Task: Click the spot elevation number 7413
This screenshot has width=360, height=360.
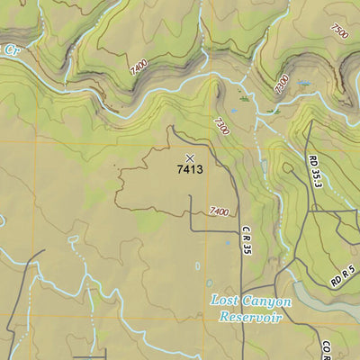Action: [x=190, y=168]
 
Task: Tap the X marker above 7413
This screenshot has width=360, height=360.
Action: [x=189, y=157]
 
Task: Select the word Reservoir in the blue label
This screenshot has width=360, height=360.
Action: [x=251, y=317]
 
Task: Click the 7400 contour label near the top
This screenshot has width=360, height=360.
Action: [x=137, y=66]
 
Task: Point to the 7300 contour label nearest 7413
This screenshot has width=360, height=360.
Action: [x=221, y=125]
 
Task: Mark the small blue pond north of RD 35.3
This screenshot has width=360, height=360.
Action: [x=304, y=83]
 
